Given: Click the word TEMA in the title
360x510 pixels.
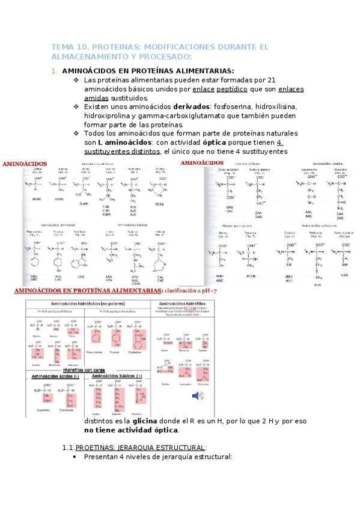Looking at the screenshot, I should click(x=62, y=46).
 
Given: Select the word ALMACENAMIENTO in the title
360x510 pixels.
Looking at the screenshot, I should click(x=90, y=57).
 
